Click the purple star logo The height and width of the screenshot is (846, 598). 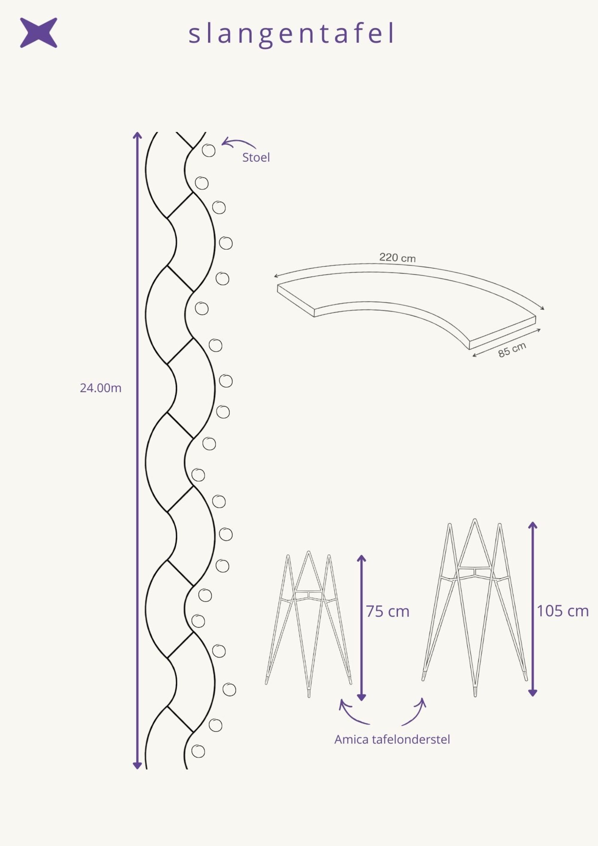click(x=38, y=33)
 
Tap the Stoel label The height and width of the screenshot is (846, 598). click(x=256, y=157)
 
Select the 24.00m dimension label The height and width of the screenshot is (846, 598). click(x=100, y=388)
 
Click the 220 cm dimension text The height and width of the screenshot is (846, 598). click(x=398, y=257)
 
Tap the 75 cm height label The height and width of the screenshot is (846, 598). click(x=388, y=611)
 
